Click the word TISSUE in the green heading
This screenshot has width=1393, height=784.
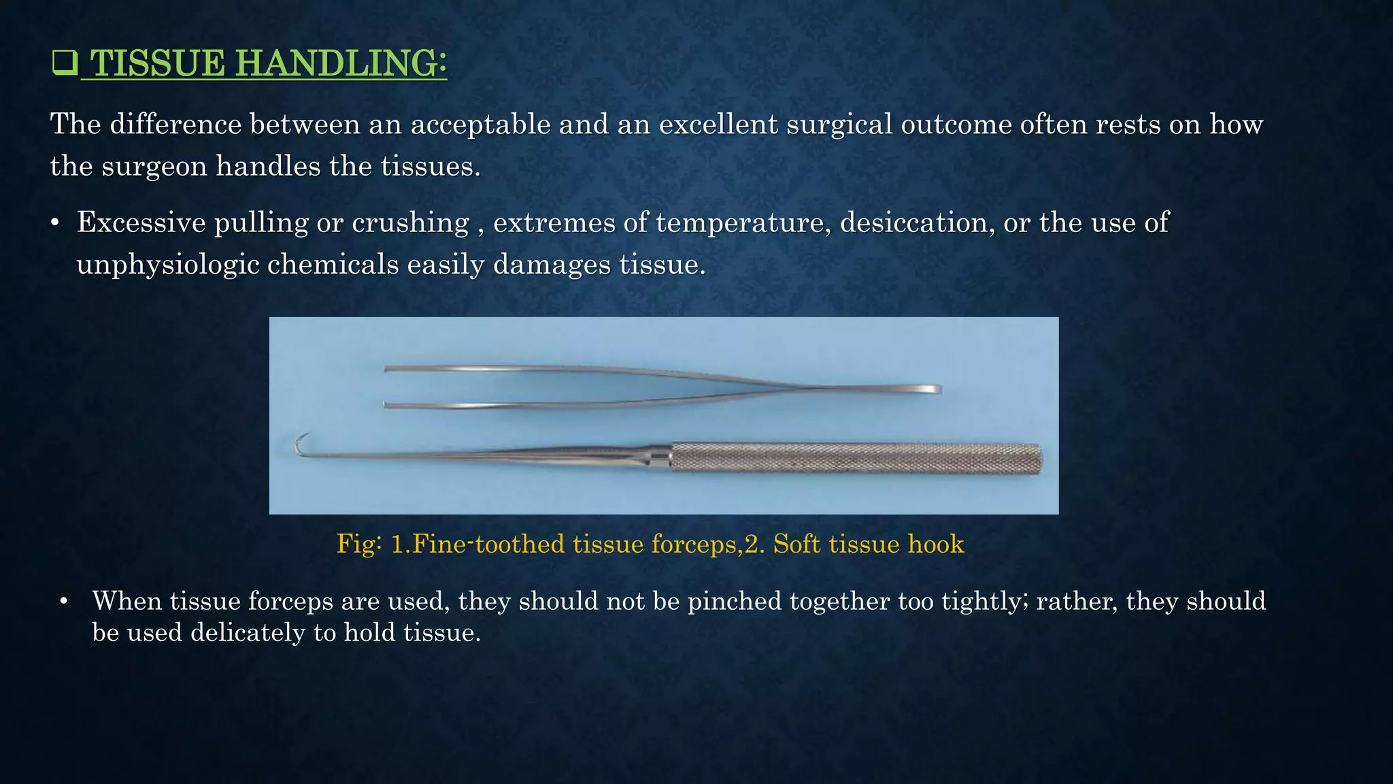(x=157, y=63)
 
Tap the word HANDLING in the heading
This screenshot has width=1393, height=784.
(x=341, y=63)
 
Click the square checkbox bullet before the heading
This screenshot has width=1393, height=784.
(x=64, y=63)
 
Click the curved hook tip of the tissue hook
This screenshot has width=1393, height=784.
(x=300, y=444)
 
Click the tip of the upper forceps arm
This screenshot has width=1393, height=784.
(x=387, y=369)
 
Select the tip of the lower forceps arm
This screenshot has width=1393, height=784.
(x=386, y=405)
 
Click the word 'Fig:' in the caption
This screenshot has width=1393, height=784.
(x=359, y=544)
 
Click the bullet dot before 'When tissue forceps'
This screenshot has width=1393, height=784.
(x=64, y=602)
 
